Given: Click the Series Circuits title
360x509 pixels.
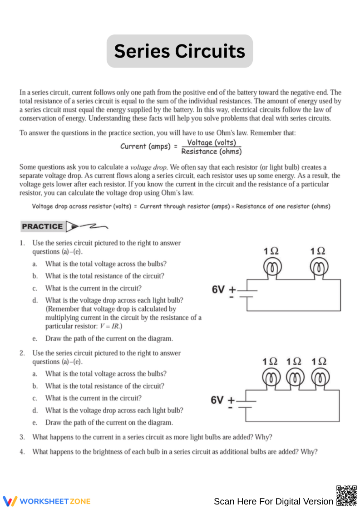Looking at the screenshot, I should pos(180,51).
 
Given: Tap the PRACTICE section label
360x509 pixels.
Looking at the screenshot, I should pos(42,226).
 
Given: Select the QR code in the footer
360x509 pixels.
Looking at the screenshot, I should pos(346,495).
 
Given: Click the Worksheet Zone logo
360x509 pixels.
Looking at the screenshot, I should pos(47,501).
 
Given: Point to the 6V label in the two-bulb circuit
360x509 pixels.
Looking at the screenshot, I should pos(219,289).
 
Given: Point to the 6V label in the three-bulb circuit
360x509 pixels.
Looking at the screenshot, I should pos(217,400).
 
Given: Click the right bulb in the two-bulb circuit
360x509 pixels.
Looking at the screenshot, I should pos(318,268).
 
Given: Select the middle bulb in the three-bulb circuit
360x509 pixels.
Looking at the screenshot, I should pos(295,378).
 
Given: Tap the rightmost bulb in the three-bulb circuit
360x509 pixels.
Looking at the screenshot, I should pos(320,378).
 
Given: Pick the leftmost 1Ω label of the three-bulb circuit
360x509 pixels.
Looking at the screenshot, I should pos(270,362).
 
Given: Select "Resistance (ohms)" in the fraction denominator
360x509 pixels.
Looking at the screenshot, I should pos(211,152).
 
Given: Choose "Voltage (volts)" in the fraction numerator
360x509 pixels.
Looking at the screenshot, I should pos(212,142).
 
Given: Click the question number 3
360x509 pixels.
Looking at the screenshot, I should pos(22,437).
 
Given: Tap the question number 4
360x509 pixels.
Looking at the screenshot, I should pos(22,452).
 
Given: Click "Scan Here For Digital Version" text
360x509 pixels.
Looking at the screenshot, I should pos(273,501).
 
